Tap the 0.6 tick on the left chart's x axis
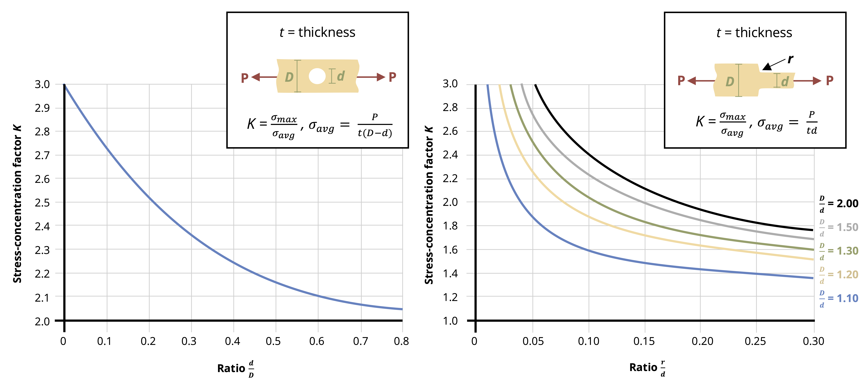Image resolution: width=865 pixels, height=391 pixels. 317,341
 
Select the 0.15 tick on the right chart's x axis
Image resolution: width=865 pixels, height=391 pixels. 644,341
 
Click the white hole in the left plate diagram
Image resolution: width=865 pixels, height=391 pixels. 317,76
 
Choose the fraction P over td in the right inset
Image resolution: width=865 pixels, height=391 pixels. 812,123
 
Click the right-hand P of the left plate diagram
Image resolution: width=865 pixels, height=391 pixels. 392,77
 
